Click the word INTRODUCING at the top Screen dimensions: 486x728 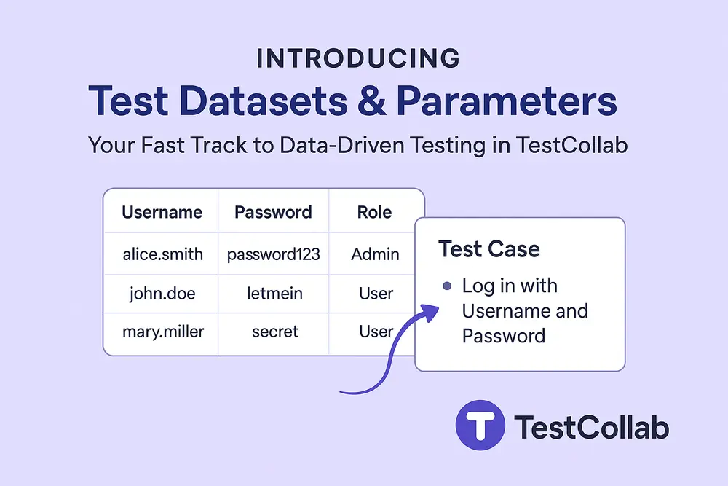(x=357, y=59)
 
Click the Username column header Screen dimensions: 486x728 (x=162, y=212)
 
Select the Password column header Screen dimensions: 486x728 (x=273, y=212)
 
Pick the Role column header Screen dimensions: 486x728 (x=374, y=212)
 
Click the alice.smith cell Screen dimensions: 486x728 (x=162, y=254)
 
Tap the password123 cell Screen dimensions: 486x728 (x=274, y=254)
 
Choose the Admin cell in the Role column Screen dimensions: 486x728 (x=375, y=254)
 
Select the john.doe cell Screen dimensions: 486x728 (x=162, y=294)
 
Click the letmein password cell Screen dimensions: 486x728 (x=274, y=294)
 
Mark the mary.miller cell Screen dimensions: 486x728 (x=162, y=332)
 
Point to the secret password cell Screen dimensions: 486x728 (x=274, y=332)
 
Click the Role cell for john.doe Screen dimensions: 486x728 (x=376, y=294)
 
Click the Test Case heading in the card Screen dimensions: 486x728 (x=488, y=249)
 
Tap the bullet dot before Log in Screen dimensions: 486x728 (x=447, y=286)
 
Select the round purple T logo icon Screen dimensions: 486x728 (x=480, y=426)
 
